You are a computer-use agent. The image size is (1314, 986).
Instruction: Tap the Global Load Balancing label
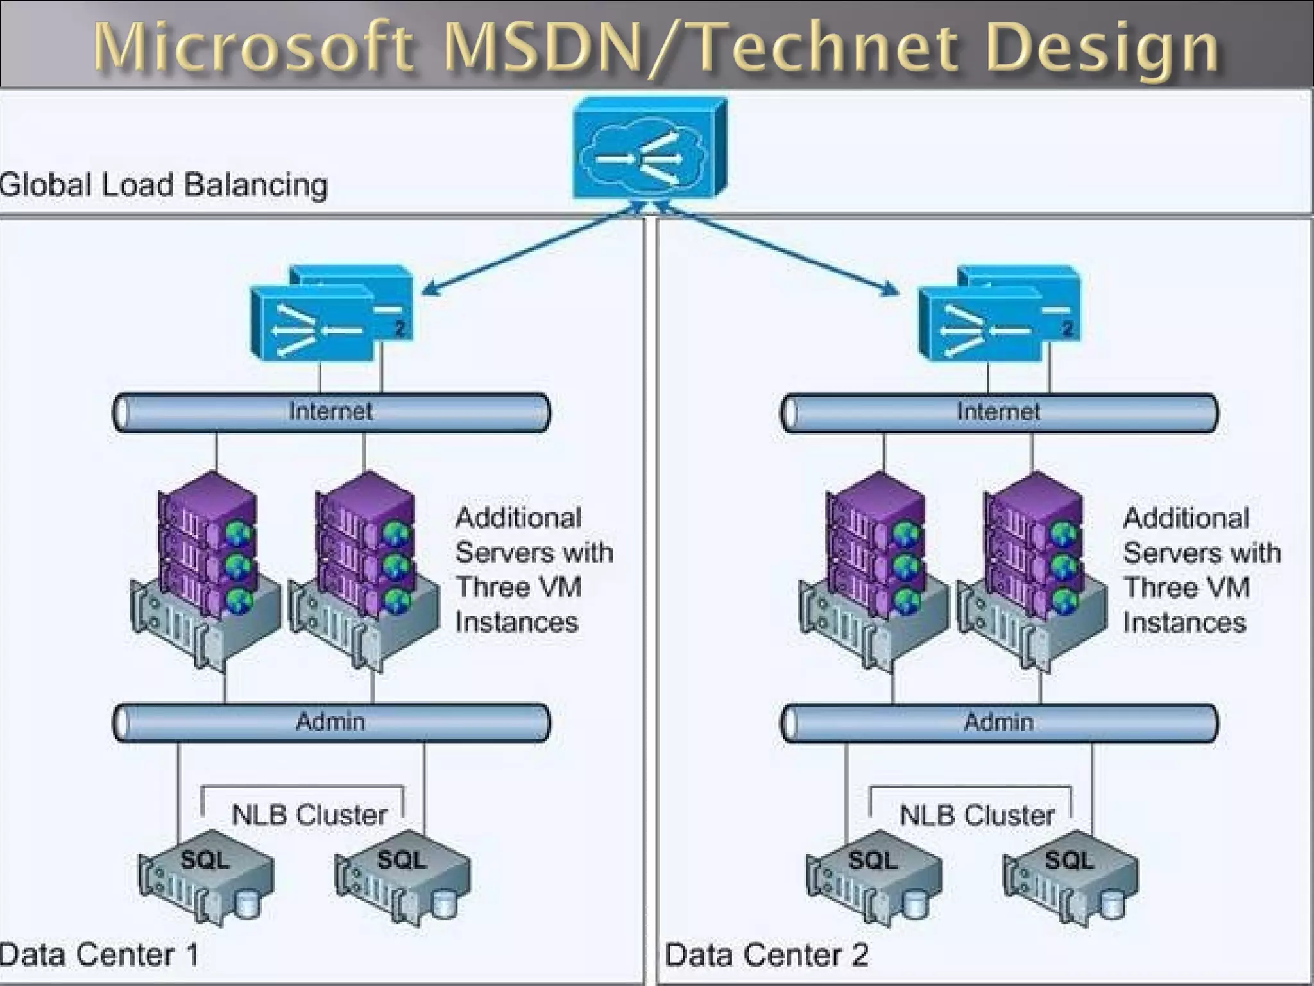(164, 186)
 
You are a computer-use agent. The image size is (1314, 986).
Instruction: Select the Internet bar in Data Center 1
(331, 412)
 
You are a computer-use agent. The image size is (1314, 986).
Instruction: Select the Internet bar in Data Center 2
(999, 413)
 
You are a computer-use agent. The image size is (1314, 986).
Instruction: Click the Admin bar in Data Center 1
(331, 723)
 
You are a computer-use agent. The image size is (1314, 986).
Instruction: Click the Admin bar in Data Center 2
(999, 723)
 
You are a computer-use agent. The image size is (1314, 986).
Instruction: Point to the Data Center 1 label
(99, 955)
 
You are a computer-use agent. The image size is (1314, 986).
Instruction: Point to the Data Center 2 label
(766, 955)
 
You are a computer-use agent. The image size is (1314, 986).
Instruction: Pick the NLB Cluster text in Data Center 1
(309, 815)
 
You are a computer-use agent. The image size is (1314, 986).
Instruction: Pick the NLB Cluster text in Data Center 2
(977, 816)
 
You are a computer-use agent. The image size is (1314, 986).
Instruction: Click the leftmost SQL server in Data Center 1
(205, 877)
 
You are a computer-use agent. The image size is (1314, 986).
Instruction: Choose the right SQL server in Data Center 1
(402, 877)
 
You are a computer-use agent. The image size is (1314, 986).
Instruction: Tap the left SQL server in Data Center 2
(873, 877)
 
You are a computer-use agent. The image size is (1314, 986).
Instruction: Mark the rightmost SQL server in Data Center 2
(1070, 877)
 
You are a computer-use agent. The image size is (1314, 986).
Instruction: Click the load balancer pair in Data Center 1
(331, 315)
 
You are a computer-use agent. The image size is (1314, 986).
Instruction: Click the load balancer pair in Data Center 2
(999, 315)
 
